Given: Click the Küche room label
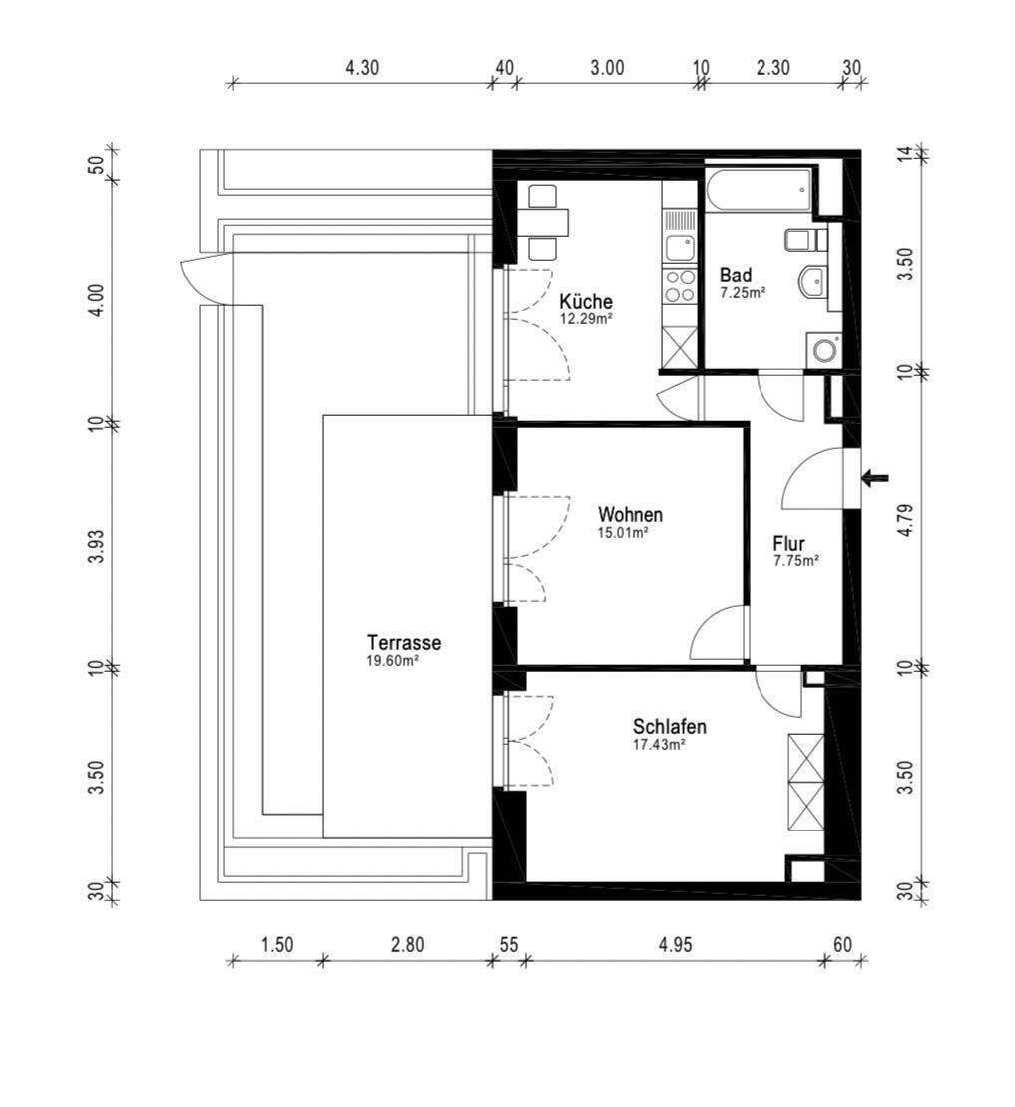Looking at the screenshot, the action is coord(585,302).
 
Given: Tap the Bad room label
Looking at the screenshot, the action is coord(736,275).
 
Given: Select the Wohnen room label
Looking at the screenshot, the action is coord(630,514).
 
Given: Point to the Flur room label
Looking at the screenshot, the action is coord(788,544).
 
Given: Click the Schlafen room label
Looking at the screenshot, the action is coord(669,726).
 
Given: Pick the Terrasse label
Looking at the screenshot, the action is coord(404,643).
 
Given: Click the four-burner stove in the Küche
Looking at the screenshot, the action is coord(680,286).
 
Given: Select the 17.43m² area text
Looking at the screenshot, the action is coord(660,744).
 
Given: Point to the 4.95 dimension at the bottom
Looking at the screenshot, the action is coord(676,944).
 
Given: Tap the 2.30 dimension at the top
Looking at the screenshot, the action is coord(772,68).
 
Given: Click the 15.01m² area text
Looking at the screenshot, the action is coord(623,532).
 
